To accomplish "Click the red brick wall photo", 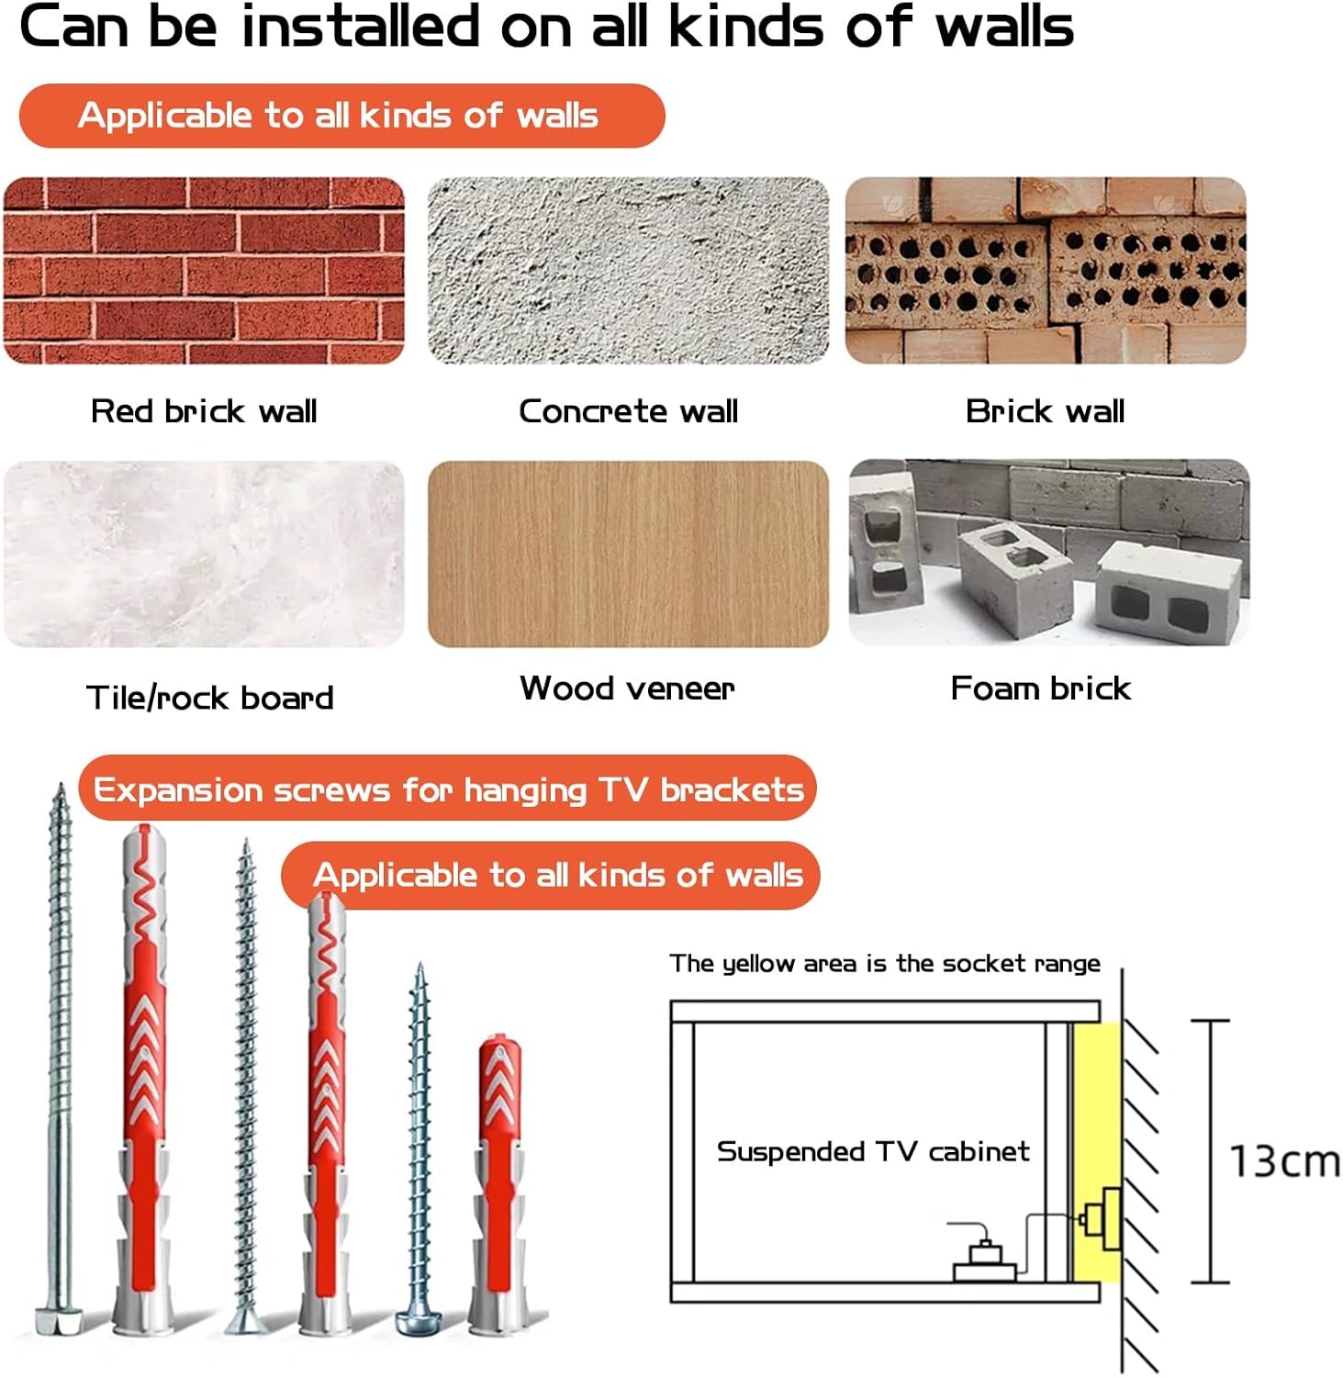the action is click(204, 270).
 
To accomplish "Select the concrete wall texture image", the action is click(628, 270).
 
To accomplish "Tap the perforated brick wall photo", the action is click(1046, 270).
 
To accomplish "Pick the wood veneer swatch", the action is click(628, 554).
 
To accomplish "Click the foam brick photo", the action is click(1048, 553).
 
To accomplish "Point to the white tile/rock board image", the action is click(204, 554).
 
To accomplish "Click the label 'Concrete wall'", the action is click(628, 411).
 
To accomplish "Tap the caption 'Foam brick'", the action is click(1040, 688).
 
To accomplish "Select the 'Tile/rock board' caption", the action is click(209, 698).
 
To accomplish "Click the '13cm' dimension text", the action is click(1284, 1161).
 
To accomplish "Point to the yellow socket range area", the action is click(1096, 1151).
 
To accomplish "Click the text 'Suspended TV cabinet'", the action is click(873, 1151).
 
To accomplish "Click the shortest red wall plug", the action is click(499, 1184).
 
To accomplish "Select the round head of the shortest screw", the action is click(418, 1323).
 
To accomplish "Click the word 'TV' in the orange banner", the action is click(623, 789).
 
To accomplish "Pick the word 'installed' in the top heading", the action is click(361, 26).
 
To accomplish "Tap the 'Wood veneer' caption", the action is click(627, 688).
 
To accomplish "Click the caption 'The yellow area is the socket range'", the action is click(885, 963).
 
